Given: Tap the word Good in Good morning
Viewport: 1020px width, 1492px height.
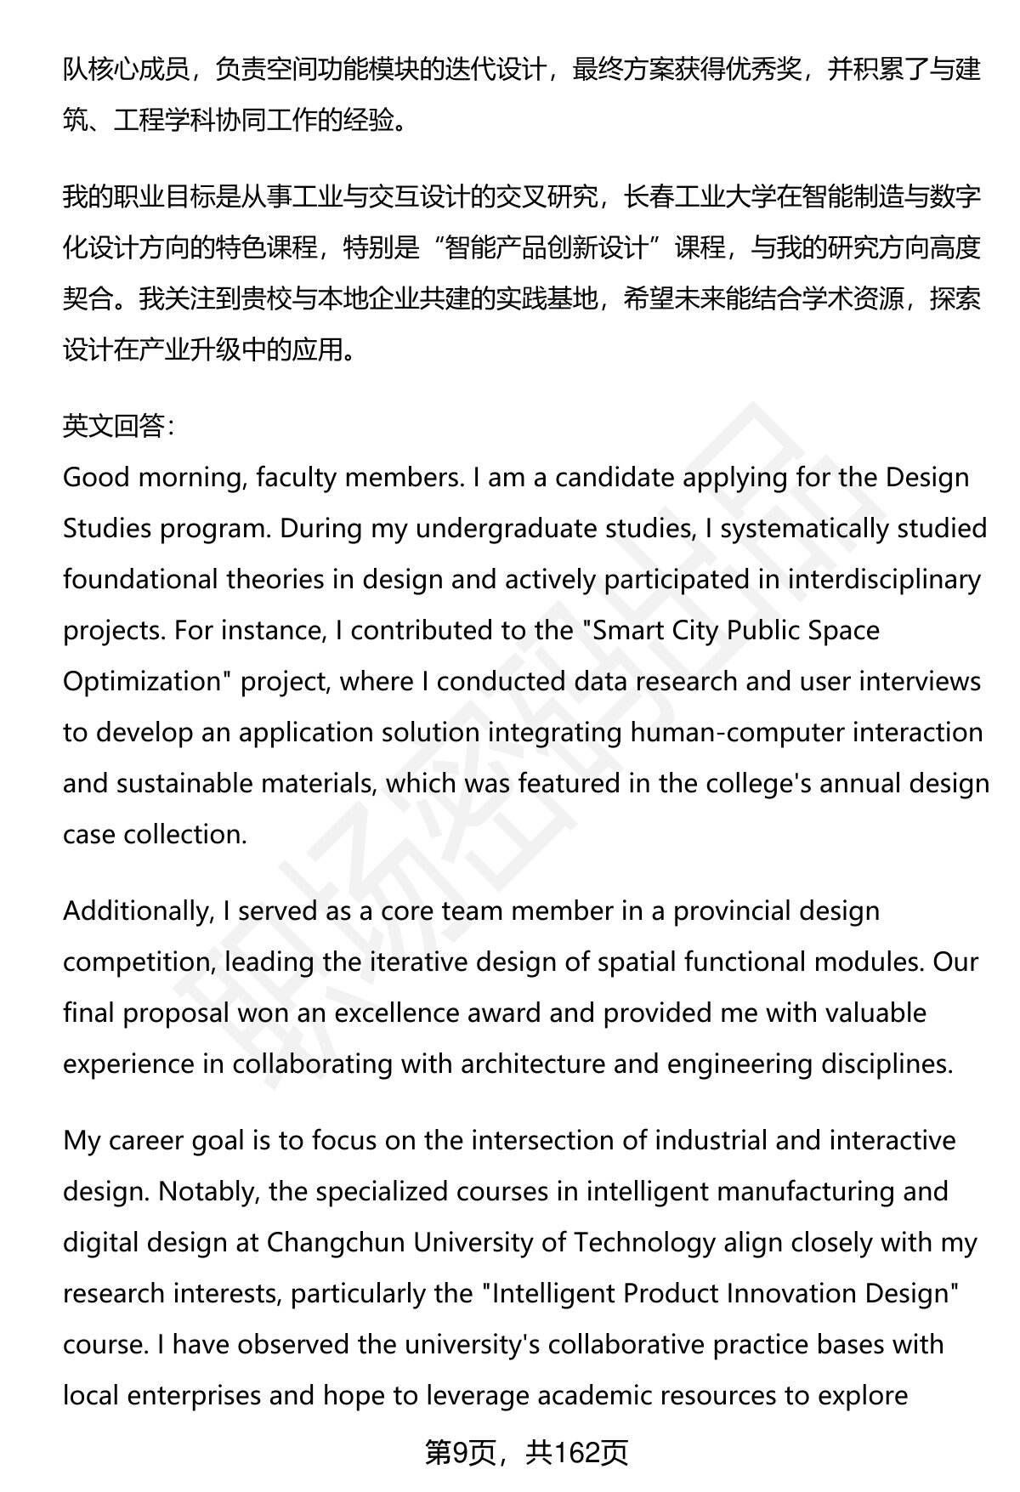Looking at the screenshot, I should [96, 478].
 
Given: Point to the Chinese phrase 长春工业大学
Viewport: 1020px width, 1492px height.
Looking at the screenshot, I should [700, 197].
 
